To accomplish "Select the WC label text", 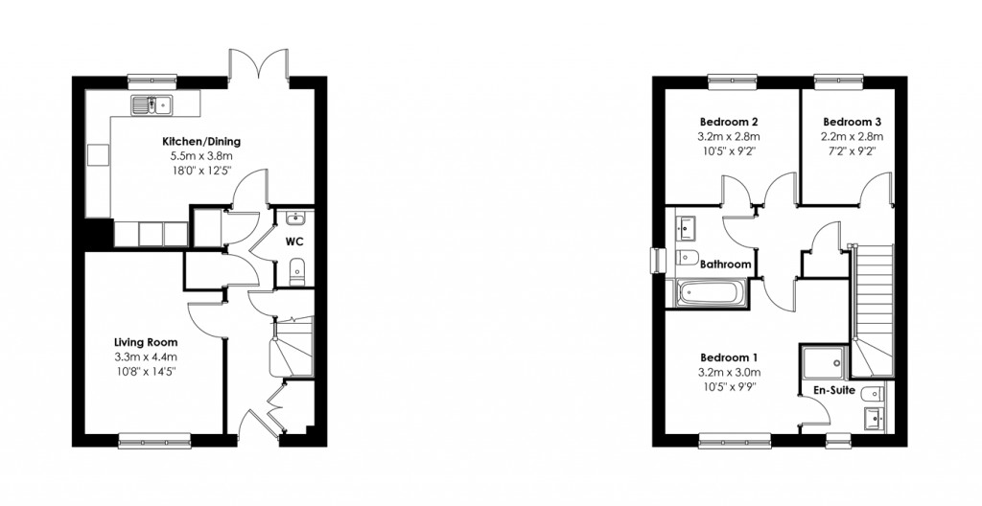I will click(x=294, y=241).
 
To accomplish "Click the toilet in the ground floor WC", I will click(x=296, y=270).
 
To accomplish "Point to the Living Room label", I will click(x=146, y=342).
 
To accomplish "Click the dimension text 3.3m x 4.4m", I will click(x=146, y=357).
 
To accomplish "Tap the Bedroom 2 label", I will click(x=729, y=123).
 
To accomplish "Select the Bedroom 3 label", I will click(x=852, y=123).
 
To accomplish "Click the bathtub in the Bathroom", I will click(x=711, y=293).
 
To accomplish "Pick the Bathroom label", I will click(x=725, y=264).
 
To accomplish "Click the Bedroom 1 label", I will click(x=729, y=357).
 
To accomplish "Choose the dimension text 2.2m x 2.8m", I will click(x=852, y=137).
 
